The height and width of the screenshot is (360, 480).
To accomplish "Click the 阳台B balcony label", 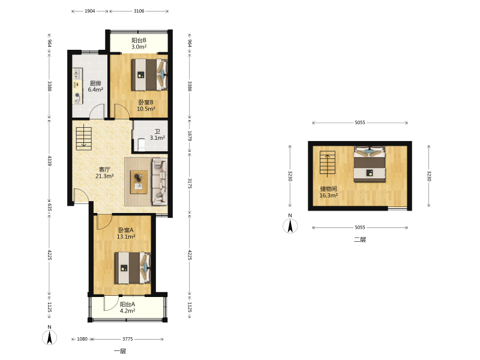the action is click(139, 40).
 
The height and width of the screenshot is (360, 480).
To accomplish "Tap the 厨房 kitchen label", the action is click(95, 83).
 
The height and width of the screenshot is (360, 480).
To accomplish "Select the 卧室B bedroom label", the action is click(146, 102).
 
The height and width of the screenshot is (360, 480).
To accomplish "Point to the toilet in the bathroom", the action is click(142, 145).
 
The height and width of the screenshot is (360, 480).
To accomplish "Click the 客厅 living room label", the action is click(104, 169).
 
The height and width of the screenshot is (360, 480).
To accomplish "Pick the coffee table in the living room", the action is click(139, 182).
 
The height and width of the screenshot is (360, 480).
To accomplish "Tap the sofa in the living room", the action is click(160, 181).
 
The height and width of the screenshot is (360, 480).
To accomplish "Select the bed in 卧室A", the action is click(133, 268).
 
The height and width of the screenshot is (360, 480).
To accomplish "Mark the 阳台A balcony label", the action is click(127, 304).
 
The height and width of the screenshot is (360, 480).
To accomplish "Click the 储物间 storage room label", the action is click(328, 188).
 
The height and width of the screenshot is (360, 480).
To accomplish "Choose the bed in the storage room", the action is click(370, 164).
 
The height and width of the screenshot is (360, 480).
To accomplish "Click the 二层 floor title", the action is click(360, 239).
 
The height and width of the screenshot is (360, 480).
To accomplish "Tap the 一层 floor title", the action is click(120, 351).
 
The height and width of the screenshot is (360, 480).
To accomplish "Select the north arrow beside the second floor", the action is click(290, 224).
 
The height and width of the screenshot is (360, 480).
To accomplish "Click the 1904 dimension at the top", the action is click(89, 11).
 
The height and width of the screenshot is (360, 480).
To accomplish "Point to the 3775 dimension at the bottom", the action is click(128, 339).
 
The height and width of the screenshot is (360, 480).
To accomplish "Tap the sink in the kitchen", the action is click(77, 73).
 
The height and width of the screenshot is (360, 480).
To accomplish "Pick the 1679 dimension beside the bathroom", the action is click(190, 136).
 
